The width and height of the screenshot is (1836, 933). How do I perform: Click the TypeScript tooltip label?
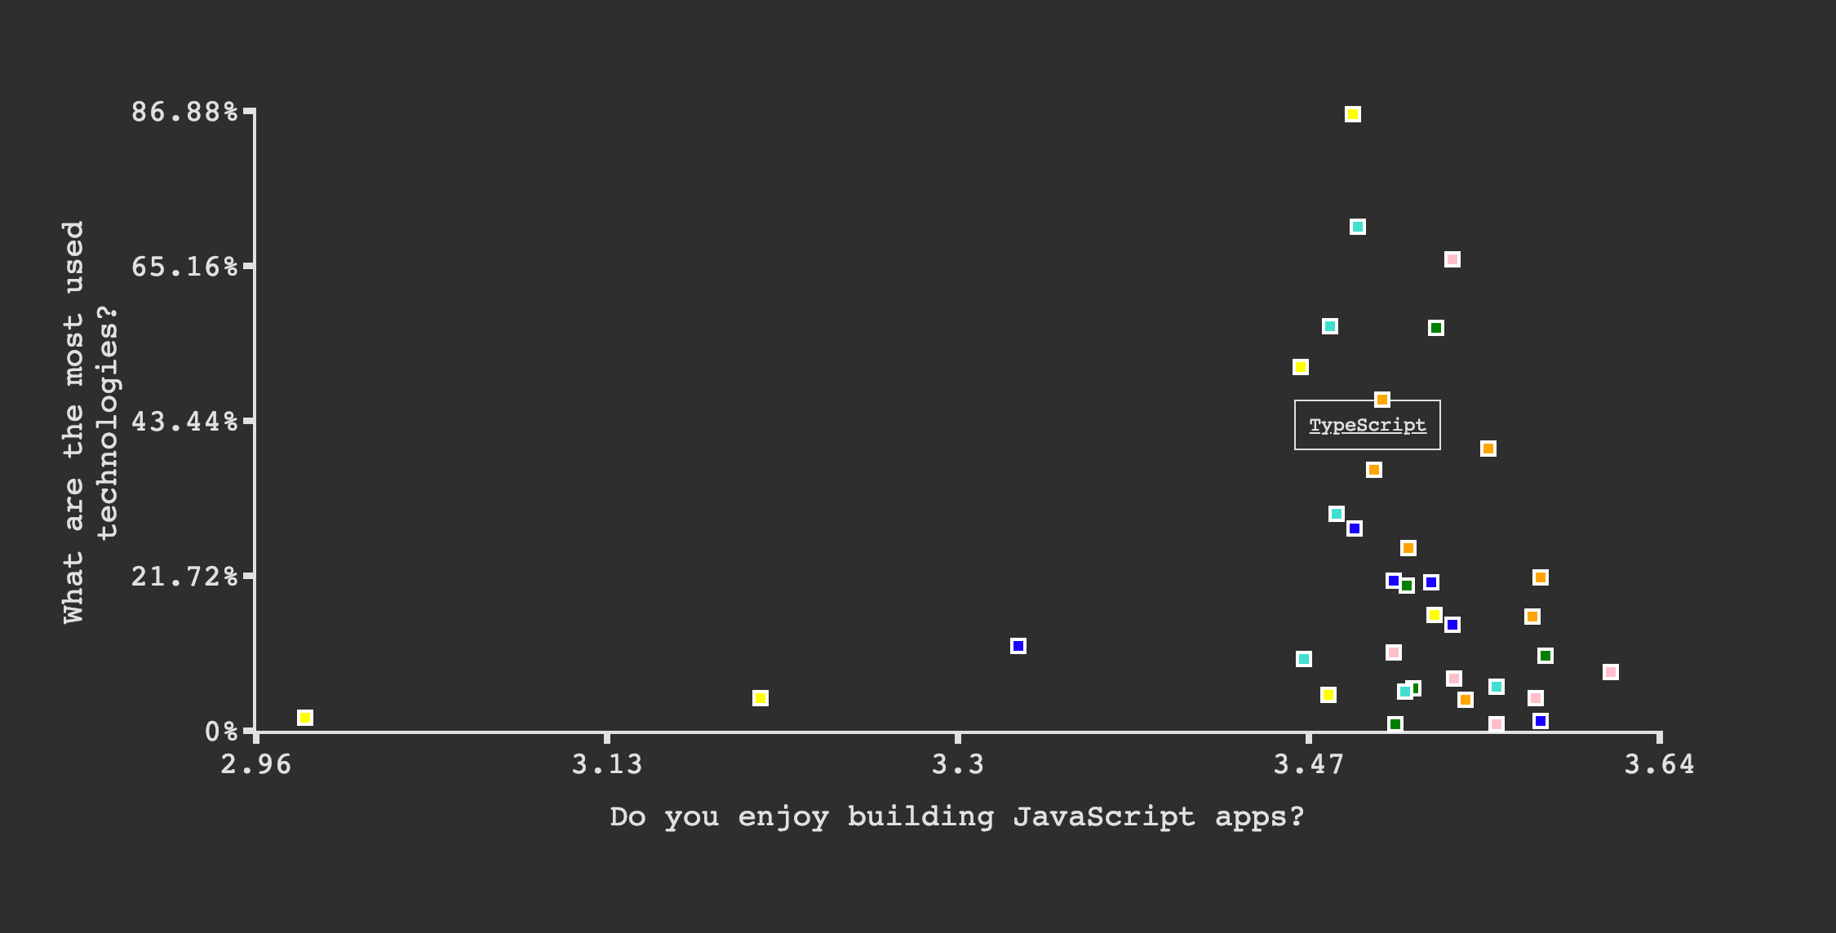point(1368,425)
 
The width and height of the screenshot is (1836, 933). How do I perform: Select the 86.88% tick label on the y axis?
point(185,111)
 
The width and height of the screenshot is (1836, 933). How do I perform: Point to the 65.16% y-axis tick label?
point(185,267)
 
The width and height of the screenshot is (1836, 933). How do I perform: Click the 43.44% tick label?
point(185,422)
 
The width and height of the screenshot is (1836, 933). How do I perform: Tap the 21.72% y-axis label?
point(185,577)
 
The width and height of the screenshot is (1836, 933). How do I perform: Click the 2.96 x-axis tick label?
point(256,765)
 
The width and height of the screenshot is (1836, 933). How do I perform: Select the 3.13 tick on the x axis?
point(607,765)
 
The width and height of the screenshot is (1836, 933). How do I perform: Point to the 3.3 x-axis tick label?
point(958,765)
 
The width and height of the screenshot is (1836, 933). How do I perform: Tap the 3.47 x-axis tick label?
point(1309,765)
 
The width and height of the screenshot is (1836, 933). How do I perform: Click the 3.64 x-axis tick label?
point(1660,765)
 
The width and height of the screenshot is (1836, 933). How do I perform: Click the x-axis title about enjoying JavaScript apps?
point(957,816)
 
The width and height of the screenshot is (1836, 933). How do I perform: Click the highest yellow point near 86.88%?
point(1353,114)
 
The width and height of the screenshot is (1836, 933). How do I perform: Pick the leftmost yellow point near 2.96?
point(305,718)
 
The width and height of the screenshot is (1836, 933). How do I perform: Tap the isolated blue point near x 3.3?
point(1018,646)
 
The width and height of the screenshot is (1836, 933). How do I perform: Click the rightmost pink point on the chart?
point(1611,672)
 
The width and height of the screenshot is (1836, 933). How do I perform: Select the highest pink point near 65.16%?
point(1452,259)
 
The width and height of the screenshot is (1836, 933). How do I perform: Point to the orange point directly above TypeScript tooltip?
point(1382,400)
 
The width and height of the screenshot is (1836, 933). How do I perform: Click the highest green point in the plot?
point(1436,328)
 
